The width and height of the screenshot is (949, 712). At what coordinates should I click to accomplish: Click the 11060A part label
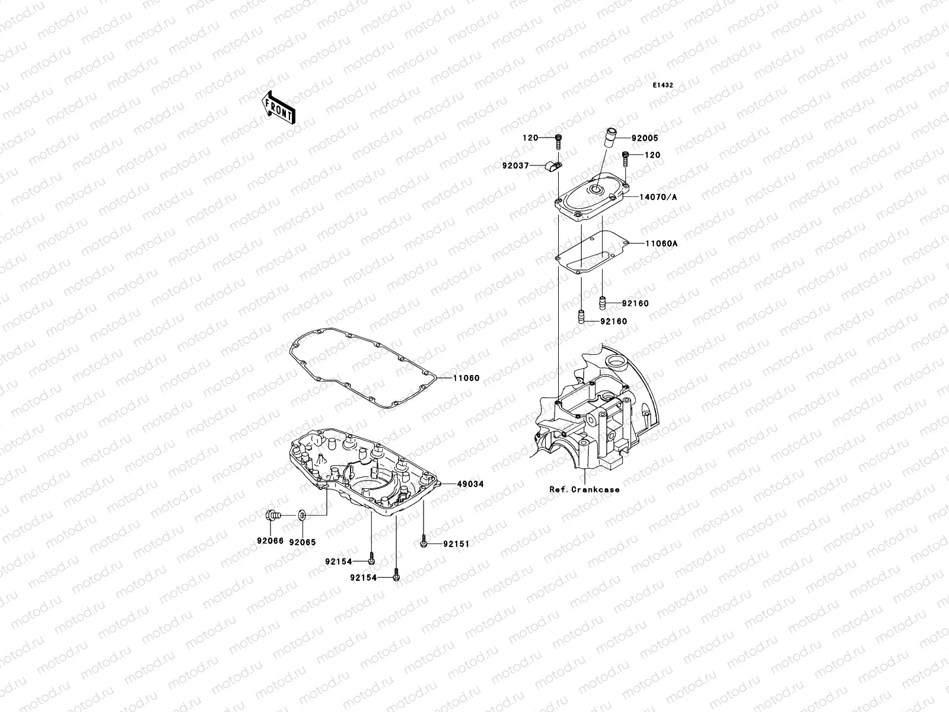tap(657, 244)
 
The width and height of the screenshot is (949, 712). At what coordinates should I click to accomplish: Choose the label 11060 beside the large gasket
tap(466, 378)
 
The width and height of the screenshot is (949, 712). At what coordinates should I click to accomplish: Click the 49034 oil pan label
tap(470, 484)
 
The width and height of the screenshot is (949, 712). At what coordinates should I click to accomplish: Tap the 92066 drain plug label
tap(270, 542)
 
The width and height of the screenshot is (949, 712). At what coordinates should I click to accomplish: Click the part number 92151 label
tap(456, 543)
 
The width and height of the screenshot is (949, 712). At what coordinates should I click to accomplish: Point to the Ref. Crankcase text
tap(584, 490)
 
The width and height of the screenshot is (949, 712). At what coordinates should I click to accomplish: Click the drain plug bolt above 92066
tap(272, 516)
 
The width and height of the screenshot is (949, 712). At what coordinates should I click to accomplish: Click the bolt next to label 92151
tap(424, 542)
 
